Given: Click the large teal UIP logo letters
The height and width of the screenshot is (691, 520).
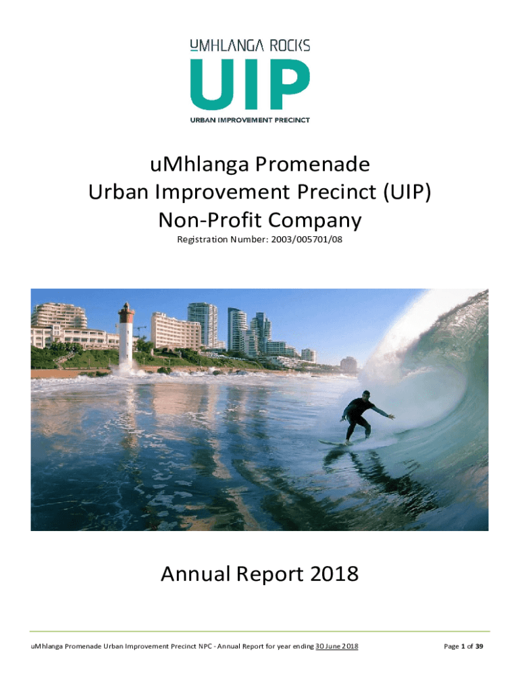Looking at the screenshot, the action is (x=250, y=84).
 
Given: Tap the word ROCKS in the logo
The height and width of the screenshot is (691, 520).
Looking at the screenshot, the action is (x=289, y=45).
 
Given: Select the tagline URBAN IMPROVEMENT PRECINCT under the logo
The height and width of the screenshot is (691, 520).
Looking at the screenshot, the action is (x=250, y=120).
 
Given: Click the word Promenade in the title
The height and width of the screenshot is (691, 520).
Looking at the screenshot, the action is (x=312, y=165).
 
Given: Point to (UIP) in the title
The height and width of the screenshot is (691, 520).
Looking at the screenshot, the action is (x=407, y=192).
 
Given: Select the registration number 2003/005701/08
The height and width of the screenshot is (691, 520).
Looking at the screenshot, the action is (x=306, y=240).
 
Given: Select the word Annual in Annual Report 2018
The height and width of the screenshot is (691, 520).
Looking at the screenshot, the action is (x=195, y=574).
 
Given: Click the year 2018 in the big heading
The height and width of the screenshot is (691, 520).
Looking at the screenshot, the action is (x=334, y=574).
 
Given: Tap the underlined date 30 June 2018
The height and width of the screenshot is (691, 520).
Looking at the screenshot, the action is (x=337, y=646).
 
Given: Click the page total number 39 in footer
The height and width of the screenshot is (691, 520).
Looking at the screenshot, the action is (x=479, y=646).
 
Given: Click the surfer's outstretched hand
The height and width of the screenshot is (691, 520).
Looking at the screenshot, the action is (x=391, y=415).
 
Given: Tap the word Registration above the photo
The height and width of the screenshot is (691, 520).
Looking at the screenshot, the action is (x=203, y=240).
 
